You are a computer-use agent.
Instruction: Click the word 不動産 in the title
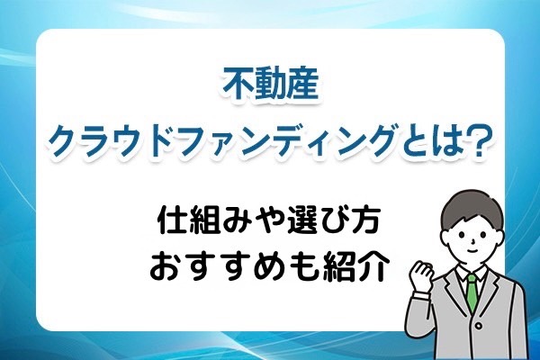(270, 86)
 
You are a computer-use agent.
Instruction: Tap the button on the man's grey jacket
(478, 325)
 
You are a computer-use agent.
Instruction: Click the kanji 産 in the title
(302, 86)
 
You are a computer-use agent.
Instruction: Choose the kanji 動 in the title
(270, 86)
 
